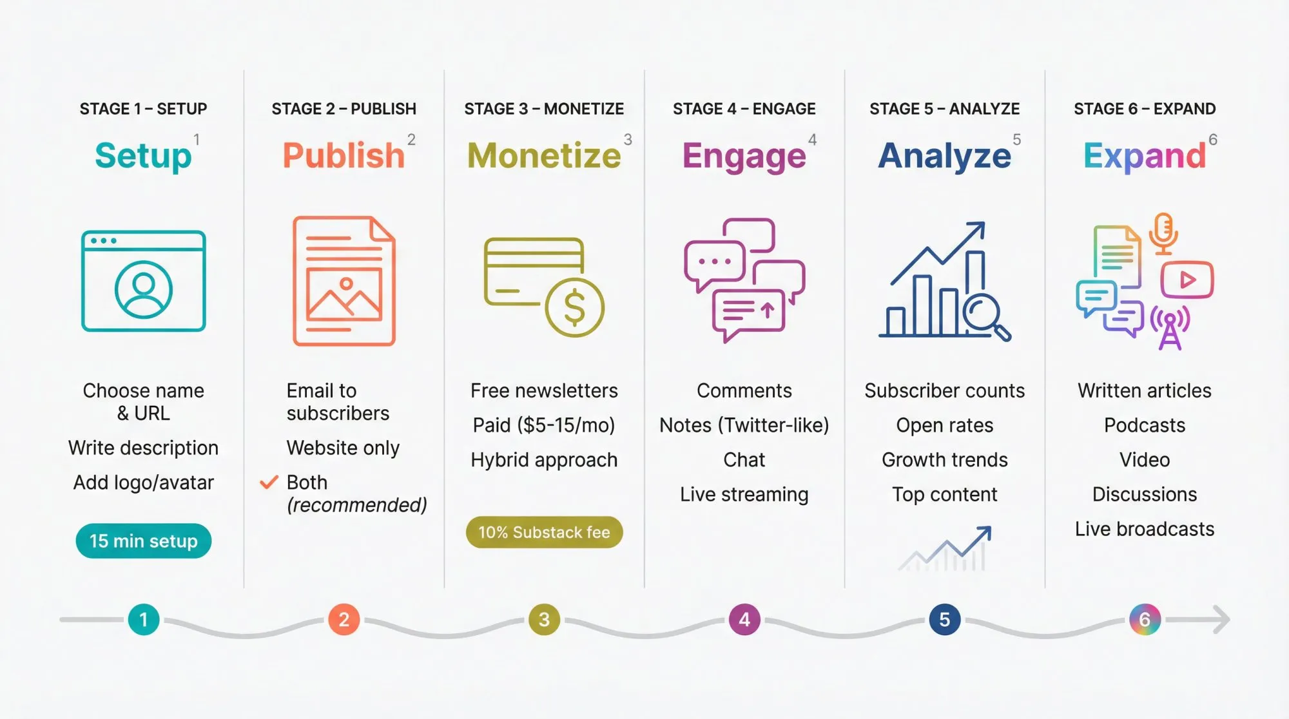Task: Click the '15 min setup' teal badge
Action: (x=143, y=541)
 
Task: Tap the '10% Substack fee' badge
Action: (x=544, y=532)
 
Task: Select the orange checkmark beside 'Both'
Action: (x=268, y=482)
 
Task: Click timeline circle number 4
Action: (x=744, y=620)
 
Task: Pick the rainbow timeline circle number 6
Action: (x=1145, y=620)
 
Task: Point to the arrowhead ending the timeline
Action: (x=1221, y=620)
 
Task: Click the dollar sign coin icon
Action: (x=574, y=307)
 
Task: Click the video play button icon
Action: (x=1187, y=280)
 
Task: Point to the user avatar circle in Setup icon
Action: (x=143, y=289)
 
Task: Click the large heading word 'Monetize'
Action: (x=544, y=156)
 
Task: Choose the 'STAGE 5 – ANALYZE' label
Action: (x=944, y=109)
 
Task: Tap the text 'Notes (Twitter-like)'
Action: (x=744, y=425)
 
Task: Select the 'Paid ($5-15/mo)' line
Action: (x=544, y=425)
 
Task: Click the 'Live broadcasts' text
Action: (x=1144, y=529)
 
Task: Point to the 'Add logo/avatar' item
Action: (x=143, y=483)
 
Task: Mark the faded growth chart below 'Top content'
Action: (x=945, y=549)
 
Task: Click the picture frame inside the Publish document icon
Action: (x=344, y=294)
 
